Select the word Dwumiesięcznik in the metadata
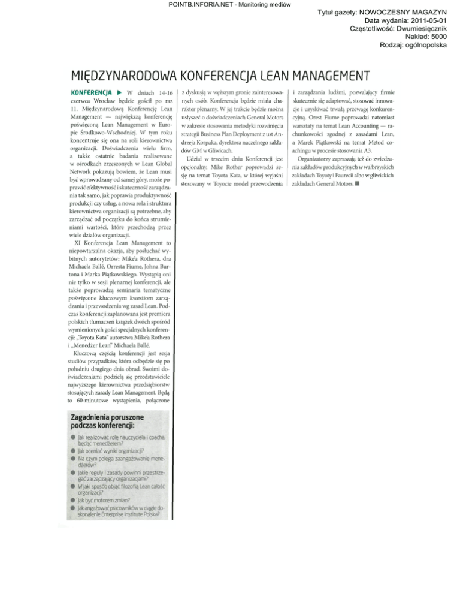[x=419, y=28]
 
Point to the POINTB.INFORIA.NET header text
[x=230, y=4]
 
